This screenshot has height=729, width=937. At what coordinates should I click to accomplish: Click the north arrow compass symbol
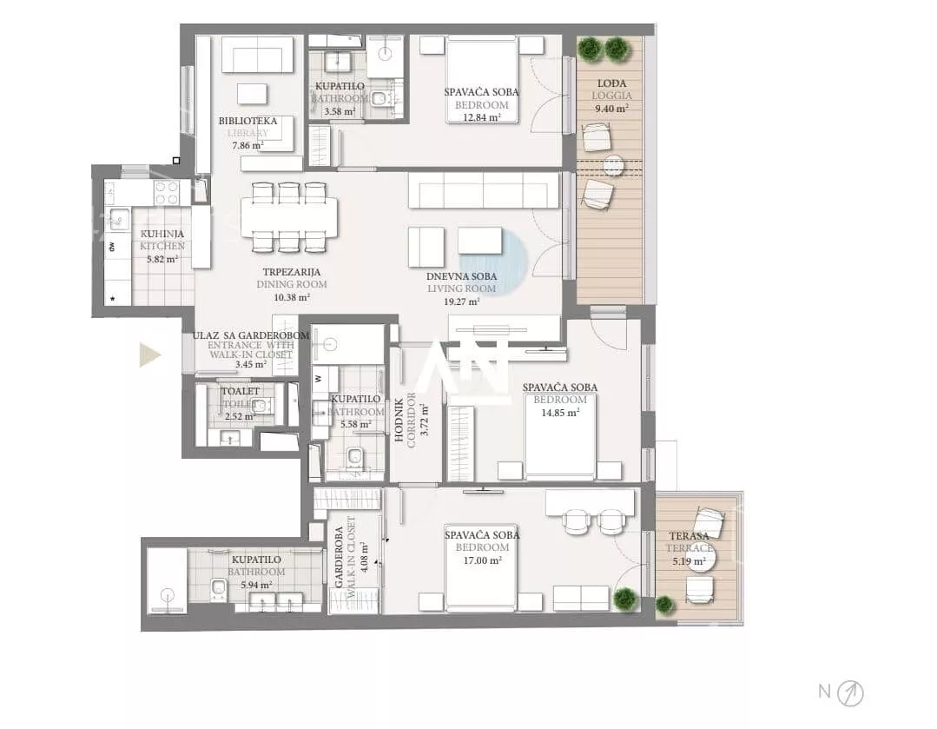(x=850, y=693)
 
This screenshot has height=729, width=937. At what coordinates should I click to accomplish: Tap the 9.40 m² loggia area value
(x=611, y=109)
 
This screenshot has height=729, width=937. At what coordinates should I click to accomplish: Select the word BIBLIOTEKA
(x=247, y=121)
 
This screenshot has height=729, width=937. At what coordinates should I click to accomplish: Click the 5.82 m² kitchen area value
(x=162, y=260)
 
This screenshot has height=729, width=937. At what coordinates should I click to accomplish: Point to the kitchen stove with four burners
(x=167, y=193)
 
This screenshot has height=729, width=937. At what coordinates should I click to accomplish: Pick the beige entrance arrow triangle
(x=150, y=355)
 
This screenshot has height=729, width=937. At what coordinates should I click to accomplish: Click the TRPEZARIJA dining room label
(x=292, y=272)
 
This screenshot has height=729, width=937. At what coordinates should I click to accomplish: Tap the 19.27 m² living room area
(x=461, y=302)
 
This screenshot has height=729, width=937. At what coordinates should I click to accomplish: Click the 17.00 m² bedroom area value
(x=482, y=561)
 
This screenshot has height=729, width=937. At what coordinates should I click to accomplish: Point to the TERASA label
(x=689, y=536)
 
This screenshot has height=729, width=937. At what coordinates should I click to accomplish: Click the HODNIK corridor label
(x=399, y=420)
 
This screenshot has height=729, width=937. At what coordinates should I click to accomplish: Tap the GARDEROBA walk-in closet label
(x=339, y=557)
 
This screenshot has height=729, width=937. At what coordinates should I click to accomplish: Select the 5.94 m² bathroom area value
(x=256, y=585)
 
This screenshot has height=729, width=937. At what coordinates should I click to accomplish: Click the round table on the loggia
(x=613, y=166)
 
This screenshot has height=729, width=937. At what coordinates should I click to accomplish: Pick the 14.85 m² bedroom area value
(x=560, y=413)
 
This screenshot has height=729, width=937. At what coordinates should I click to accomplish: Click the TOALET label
(x=241, y=391)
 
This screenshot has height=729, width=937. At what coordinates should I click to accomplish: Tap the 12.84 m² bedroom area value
(x=481, y=117)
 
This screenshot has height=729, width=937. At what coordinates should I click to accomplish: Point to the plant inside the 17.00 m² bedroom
(x=624, y=598)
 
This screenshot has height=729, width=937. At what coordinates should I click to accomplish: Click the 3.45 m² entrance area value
(x=251, y=364)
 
